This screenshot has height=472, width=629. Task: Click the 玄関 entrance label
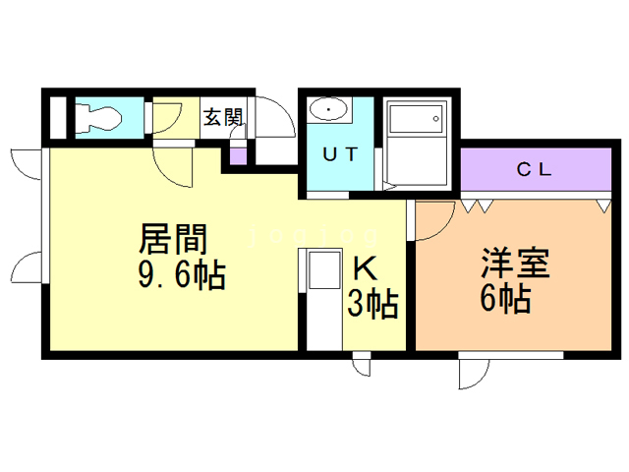pyautogui.click(x=223, y=117)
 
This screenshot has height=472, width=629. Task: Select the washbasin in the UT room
pyautogui.click(x=326, y=109)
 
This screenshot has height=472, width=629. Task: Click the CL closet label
pyautogui.click(x=535, y=168)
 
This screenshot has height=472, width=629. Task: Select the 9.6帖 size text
pyautogui.click(x=182, y=276)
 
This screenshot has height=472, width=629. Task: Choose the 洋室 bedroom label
pyautogui.click(x=514, y=264)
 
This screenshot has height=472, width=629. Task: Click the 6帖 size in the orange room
pyautogui.click(x=505, y=297)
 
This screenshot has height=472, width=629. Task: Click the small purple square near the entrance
pyautogui.click(x=237, y=156)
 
